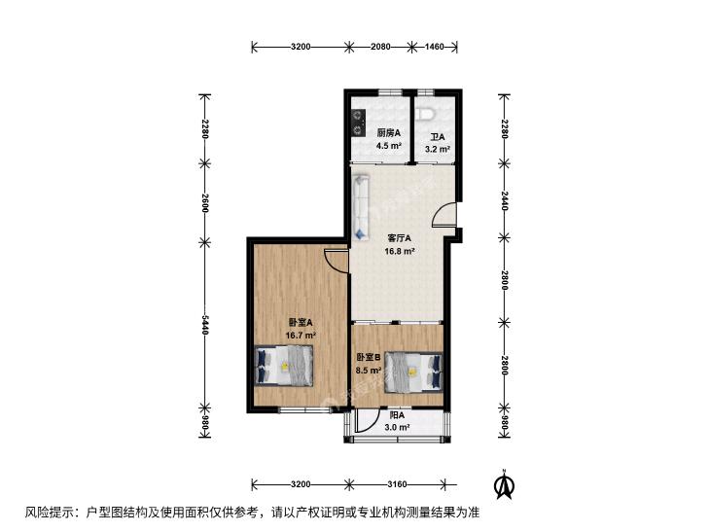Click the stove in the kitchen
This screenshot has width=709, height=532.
pyautogui.click(x=359, y=124)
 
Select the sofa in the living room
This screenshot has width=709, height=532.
pyautogui.click(x=361, y=208)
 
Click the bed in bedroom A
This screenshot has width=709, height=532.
pyautogui.click(x=284, y=366)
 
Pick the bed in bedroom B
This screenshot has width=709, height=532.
pyautogui.click(x=413, y=372)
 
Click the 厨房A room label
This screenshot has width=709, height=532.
pyautogui.click(x=389, y=133)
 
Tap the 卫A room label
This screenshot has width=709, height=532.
pyautogui.click(x=438, y=137)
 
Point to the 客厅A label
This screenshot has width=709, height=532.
pyautogui.click(x=400, y=238)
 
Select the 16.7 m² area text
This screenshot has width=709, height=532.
pyautogui.click(x=301, y=336)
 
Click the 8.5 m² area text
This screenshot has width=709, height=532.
pyautogui.click(x=369, y=371)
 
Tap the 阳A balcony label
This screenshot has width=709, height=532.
pyautogui.click(x=397, y=415)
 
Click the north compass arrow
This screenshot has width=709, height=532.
pyautogui.click(x=505, y=484)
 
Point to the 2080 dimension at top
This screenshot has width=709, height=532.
pyautogui.click(x=380, y=46)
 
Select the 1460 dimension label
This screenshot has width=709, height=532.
pyautogui.click(x=434, y=46)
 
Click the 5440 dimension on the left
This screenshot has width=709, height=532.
pyautogui.click(x=205, y=325)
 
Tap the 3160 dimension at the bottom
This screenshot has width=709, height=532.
pyautogui.click(x=397, y=484)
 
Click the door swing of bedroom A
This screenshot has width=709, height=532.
pyautogui.click(x=336, y=261)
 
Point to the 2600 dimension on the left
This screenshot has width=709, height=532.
pyautogui.click(x=205, y=202)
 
